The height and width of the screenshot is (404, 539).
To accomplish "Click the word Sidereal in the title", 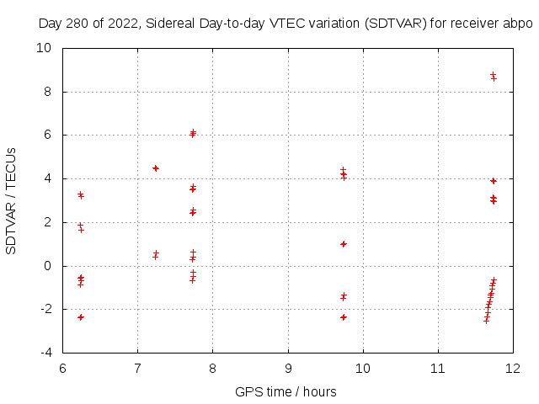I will coord(171,24).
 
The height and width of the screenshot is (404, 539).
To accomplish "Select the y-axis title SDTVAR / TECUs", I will coord(12,200).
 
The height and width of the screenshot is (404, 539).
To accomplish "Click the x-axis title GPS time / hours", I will coord(286,391).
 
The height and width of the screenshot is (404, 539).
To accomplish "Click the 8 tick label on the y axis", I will coord(50,92).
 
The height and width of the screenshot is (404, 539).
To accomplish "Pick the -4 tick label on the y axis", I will coord(47,353).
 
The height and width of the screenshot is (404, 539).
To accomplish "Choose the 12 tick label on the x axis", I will coord(513,368).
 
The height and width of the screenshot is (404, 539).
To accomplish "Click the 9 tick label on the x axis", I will coord(288,368).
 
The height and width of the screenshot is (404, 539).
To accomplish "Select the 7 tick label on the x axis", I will coord(137,368).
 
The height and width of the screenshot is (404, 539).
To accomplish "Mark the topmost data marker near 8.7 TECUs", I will coord(493,75).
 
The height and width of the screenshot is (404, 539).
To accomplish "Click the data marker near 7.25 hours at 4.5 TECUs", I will coord(156,168).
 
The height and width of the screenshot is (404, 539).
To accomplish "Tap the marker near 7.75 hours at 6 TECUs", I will coord(193,133).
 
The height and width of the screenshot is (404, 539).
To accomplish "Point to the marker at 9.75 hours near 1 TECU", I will coord(344,244).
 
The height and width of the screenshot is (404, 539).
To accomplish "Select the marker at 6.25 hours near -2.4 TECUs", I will coord(81,317).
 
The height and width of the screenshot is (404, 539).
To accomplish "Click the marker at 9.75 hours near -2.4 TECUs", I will coord(344,317).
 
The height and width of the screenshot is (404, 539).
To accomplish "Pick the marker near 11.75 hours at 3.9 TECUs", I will coord(494,181).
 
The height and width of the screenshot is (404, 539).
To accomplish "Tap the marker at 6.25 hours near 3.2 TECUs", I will coord(81,195).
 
